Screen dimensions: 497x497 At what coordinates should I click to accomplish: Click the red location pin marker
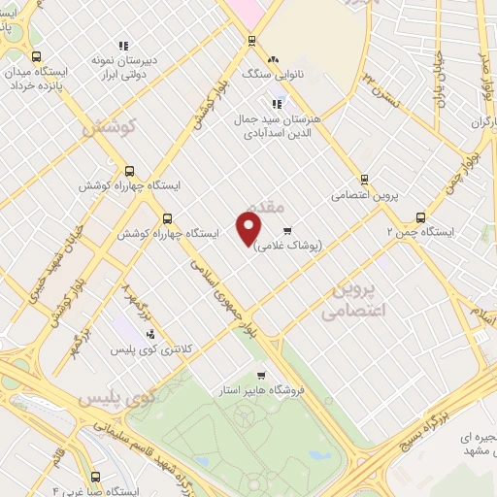pos(249,228)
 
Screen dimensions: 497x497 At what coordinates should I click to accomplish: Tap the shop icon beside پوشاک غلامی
pos(287,231)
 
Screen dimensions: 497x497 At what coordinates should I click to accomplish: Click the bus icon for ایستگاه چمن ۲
pos(420,217)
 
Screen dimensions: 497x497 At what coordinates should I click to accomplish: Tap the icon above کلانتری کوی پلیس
pos(149,334)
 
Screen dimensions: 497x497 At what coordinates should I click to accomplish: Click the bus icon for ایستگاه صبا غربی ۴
pos(95,477)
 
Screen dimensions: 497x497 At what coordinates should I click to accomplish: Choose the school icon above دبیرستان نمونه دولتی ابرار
pos(122,46)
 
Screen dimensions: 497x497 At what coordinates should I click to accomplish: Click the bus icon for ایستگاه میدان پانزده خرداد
pos(37,56)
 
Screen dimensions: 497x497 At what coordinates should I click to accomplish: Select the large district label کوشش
pos(107,126)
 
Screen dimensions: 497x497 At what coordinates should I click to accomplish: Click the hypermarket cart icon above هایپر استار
pos(260,375)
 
